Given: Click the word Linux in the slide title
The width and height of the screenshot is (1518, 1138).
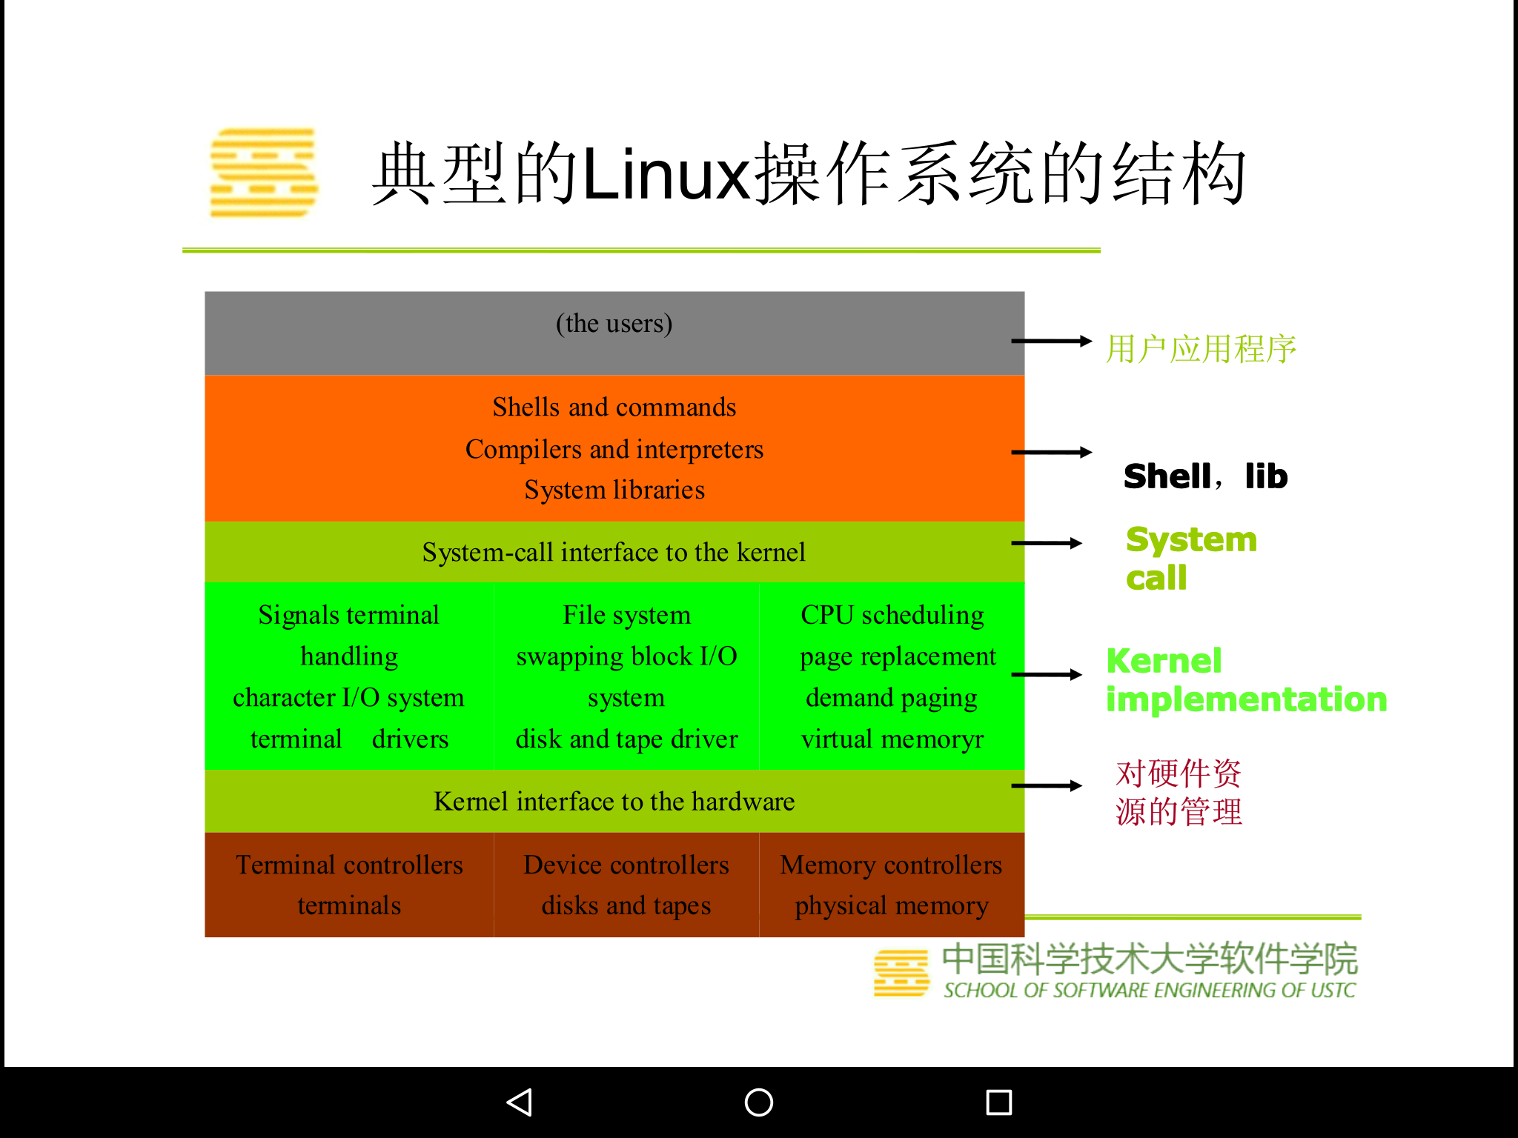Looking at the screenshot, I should (x=667, y=175).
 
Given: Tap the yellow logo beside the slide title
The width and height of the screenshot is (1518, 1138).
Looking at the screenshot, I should (x=264, y=173).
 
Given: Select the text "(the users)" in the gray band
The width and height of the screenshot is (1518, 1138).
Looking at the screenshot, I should (x=614, y=324).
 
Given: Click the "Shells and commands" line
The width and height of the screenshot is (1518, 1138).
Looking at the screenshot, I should (x=614, y=407).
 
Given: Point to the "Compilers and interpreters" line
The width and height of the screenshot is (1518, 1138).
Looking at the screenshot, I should (x=614, y=449).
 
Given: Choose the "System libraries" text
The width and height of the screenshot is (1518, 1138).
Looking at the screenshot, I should (x=614, y=490).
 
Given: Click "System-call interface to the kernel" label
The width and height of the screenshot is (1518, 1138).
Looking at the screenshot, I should (x=614, y=552).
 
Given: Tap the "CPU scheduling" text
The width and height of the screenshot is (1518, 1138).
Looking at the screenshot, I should (x=892, y=615).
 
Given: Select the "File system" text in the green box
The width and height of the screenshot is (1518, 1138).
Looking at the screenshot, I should (x=626, y=615).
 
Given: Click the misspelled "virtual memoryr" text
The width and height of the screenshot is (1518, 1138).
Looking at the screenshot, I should (x=892, y=739).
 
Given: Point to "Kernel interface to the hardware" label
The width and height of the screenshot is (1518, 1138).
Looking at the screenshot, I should (x=614, y=801).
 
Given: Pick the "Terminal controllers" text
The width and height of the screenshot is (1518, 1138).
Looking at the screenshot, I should (x=349, y=865).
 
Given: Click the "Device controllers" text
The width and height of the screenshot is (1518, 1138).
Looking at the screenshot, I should (x=626, y=865).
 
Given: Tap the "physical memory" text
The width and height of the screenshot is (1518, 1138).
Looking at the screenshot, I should (x=892, y=905).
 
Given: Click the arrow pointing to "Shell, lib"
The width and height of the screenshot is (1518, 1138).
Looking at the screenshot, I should (x=1051, y=452).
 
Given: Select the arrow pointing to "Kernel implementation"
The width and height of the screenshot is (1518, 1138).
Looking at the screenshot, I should (x=1047, y=674).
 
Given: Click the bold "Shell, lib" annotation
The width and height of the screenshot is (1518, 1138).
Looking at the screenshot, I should (x=1205, y=476).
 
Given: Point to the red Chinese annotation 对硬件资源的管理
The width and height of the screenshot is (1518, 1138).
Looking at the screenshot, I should (x=1179, y=793).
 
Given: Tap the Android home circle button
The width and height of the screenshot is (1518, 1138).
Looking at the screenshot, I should (x=758, y=1102).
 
